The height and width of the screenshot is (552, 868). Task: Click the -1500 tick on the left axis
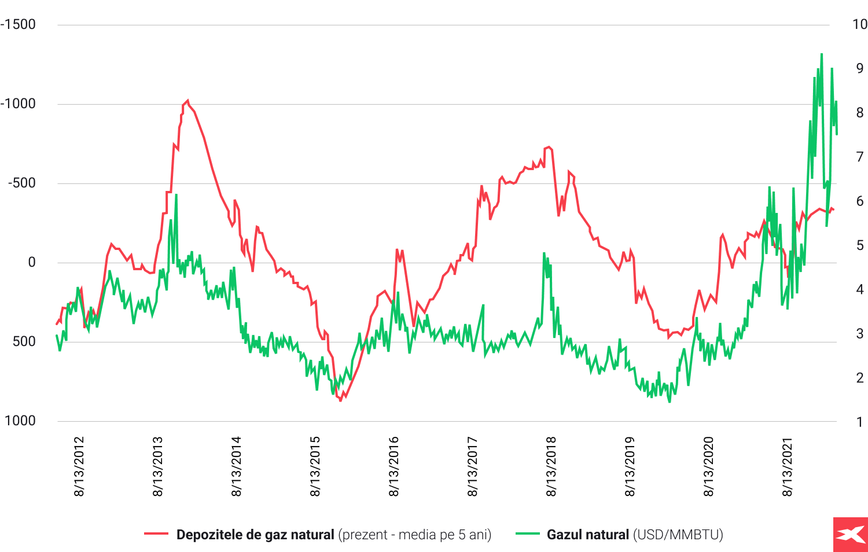[19, 24]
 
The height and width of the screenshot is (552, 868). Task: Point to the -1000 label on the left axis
[19, 104]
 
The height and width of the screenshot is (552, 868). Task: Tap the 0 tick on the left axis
[32, 262]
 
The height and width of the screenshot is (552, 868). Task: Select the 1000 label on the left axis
[20, 421]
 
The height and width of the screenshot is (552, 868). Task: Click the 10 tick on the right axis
[860, 24]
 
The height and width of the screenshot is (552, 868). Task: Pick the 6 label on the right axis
[860, 201]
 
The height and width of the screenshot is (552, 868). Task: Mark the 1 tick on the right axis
[860, 422]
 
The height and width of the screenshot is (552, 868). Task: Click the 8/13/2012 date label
[79, 466]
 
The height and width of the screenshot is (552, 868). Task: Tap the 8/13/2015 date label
[315, 466]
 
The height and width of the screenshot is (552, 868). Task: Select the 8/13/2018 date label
[551, 466]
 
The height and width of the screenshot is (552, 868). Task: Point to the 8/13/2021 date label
[788, 466]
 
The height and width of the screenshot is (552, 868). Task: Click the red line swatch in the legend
[156, 534]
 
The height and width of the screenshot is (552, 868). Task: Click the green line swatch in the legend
[527, 534]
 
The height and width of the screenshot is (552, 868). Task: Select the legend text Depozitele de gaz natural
[255, 535]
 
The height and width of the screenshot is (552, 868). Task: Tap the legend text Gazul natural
[587, 535]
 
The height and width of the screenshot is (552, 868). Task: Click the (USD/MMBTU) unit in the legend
[678, 535]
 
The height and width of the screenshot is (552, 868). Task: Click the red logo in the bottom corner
[851, 535]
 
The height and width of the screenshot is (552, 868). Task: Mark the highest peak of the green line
[822, 54]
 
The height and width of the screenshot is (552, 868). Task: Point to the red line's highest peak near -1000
[187, 100]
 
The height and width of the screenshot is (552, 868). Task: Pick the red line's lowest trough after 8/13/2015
[341, 400]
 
